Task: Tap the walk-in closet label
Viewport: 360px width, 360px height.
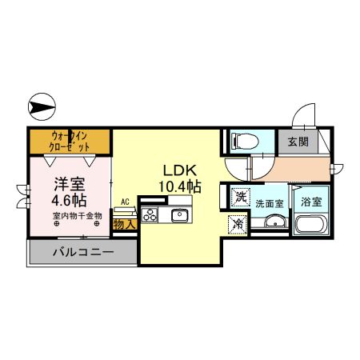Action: [x=70, y=141]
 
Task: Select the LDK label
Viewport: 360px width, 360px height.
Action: [x=181, y=170]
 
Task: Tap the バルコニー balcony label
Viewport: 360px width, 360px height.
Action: [x=84, y=252]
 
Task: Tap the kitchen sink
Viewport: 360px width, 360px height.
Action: [x=180, y=214]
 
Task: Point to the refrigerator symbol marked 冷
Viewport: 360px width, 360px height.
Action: [x=238, y=225]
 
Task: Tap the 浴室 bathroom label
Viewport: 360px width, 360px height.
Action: [x=311, y=202]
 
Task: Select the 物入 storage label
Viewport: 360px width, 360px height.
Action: [x=124, y=226]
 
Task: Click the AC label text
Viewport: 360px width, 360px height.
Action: [x=125, y=203]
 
